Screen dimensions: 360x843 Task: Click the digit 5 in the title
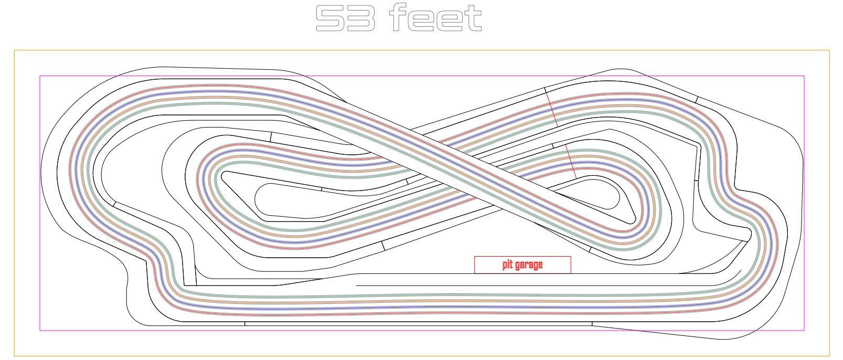330,18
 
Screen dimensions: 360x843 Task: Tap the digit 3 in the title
361,18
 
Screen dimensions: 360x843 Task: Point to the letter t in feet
473,18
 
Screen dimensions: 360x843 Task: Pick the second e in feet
450,21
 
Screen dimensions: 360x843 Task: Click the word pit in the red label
507,265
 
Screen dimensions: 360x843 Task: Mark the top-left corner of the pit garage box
475,257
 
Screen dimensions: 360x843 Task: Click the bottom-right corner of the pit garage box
571,273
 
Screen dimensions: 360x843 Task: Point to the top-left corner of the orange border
15,50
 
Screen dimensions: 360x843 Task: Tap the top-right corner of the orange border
829,50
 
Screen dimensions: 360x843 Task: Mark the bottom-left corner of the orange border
15,356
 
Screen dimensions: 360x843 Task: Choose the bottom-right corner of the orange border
829,356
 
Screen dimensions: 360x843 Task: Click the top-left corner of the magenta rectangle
40,76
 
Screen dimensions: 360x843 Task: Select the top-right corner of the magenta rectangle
804,76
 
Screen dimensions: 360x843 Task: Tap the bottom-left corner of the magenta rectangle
40,331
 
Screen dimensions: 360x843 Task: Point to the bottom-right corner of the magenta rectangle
804,331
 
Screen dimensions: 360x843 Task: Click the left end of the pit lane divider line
356,285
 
